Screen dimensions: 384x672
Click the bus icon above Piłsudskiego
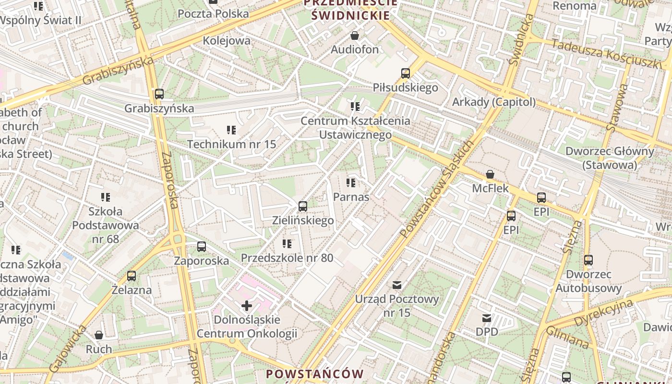tap(406, 73)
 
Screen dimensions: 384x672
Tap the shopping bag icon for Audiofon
tap(355, 36)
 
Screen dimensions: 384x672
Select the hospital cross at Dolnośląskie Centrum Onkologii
tap(247, 305)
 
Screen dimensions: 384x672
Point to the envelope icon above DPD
tap(487, 318)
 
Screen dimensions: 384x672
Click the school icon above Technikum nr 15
tap(231, 130)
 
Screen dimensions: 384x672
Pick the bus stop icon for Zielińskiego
tap(302, 206)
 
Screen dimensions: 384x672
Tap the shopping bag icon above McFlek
tap(490, 174)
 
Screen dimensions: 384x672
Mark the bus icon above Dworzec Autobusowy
tap(588, 260)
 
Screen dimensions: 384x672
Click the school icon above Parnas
tap(351, 183)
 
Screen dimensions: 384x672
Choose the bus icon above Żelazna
tap(132, 276)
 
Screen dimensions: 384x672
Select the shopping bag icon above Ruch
tap(99, 335)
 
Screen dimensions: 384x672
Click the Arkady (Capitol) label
tap(494, 102)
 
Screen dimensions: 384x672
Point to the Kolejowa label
tap(227, 40)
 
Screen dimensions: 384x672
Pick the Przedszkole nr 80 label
tap(287, 258)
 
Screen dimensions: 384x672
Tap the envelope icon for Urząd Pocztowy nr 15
tap(397, 285)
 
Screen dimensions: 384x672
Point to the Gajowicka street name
tap(68, 348)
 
